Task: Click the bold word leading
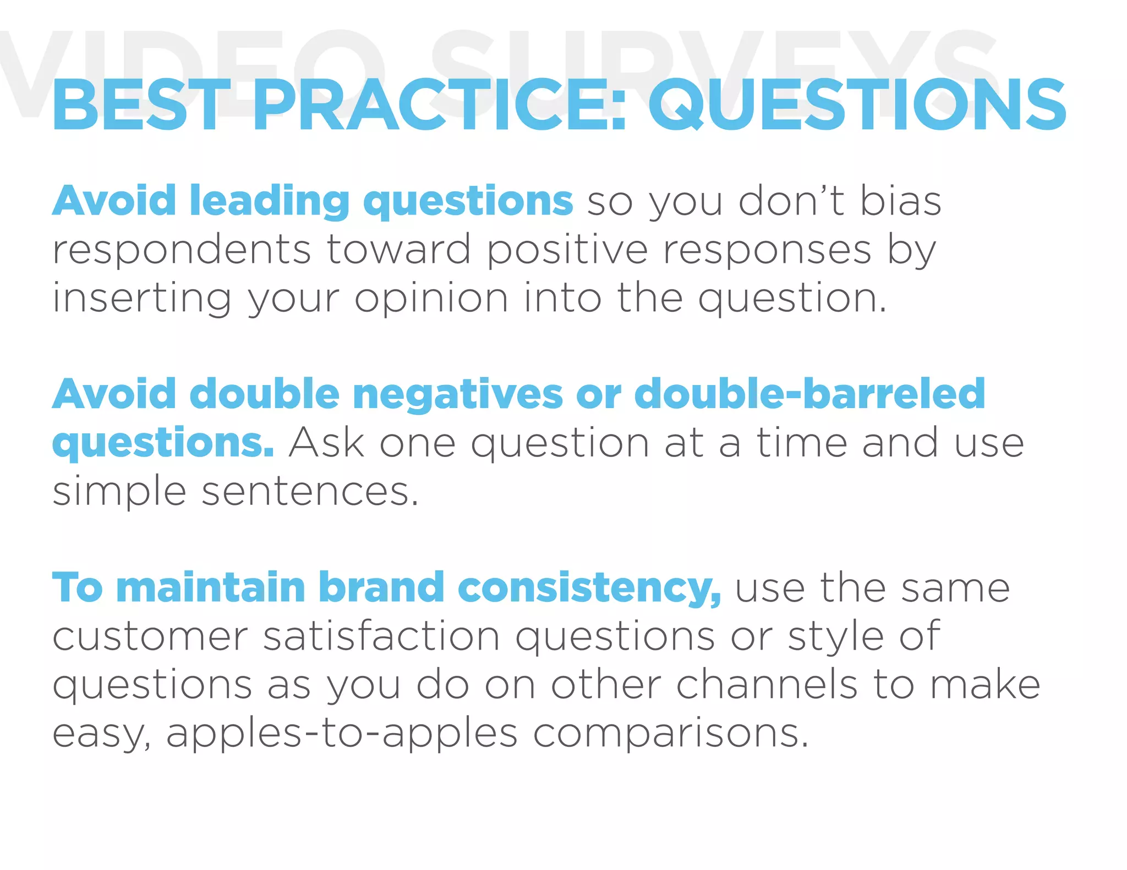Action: pyautogui.click(x=270, y=201)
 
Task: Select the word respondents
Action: pyautogui.click(x=182, y=251)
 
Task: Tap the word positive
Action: pyautogui.click(x=567, y=251)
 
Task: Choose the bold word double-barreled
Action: pyautogui.click(x=809, y=394)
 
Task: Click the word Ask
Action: pyautogui.click(x=326, y=443)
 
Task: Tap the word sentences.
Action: pyautogui.click(x=310, y=491)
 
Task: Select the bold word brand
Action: pyautogui.click(x=381, y=588)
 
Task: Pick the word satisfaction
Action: pyautogui.click(x=381, y=636)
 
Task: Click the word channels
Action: pyautogui.click(x=767, y=685)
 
